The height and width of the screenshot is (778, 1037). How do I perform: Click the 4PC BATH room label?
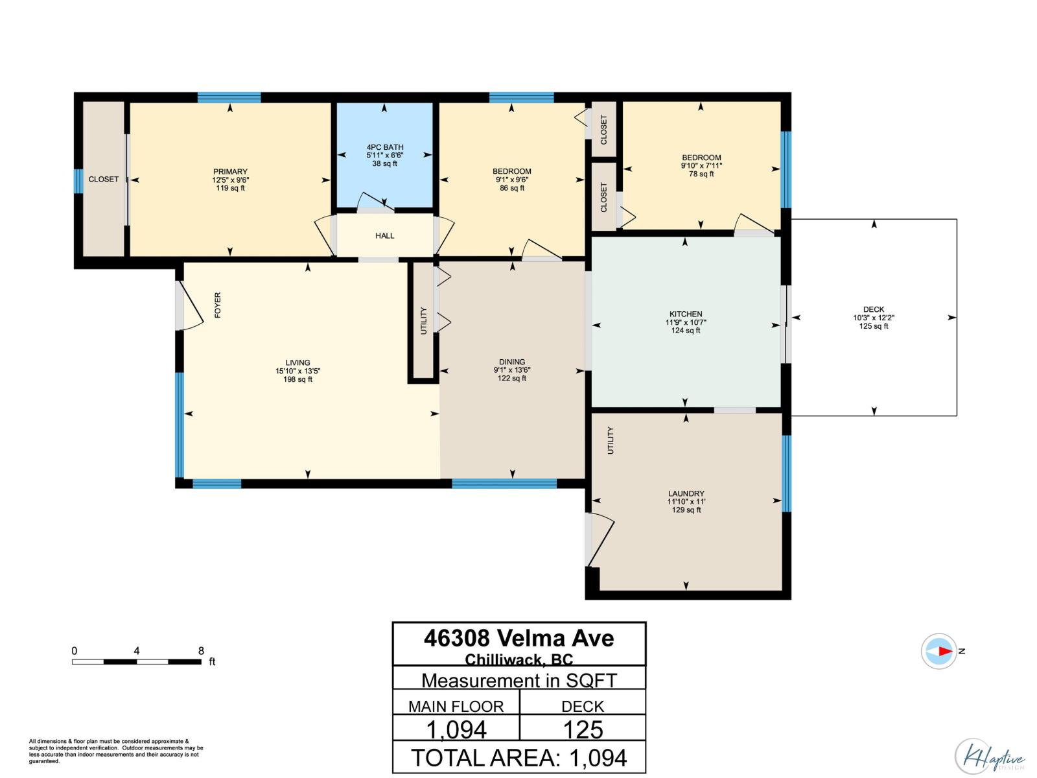[384, 147]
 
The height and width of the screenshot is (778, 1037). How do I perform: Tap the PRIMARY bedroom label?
[230, 172]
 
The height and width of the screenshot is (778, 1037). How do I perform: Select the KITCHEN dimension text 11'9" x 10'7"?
[686, 322]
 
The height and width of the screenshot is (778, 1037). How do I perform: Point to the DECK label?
[873, 309]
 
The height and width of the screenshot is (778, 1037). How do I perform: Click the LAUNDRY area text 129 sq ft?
[686, 510]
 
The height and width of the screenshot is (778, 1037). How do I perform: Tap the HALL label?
[384, 236]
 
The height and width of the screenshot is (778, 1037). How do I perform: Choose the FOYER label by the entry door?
[218, 305]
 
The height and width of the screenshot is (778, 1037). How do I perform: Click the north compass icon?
[938, 651]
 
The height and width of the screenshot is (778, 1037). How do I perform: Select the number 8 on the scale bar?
[201, 651]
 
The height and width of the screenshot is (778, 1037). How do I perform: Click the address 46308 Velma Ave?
[518, 638]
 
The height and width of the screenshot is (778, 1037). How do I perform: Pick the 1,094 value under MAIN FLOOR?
[456, 730]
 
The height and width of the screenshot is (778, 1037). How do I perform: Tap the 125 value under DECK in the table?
[583, 730]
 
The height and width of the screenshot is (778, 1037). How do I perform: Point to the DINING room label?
[512, 362]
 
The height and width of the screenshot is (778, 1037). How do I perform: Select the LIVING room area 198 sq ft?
[297, 379]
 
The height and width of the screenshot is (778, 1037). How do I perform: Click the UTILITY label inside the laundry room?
[610, 440]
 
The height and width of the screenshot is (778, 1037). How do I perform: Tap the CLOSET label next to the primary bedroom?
[104, 180]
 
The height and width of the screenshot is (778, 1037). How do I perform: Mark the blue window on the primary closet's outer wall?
[78, 181]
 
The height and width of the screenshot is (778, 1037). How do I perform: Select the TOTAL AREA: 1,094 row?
[518, 758]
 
